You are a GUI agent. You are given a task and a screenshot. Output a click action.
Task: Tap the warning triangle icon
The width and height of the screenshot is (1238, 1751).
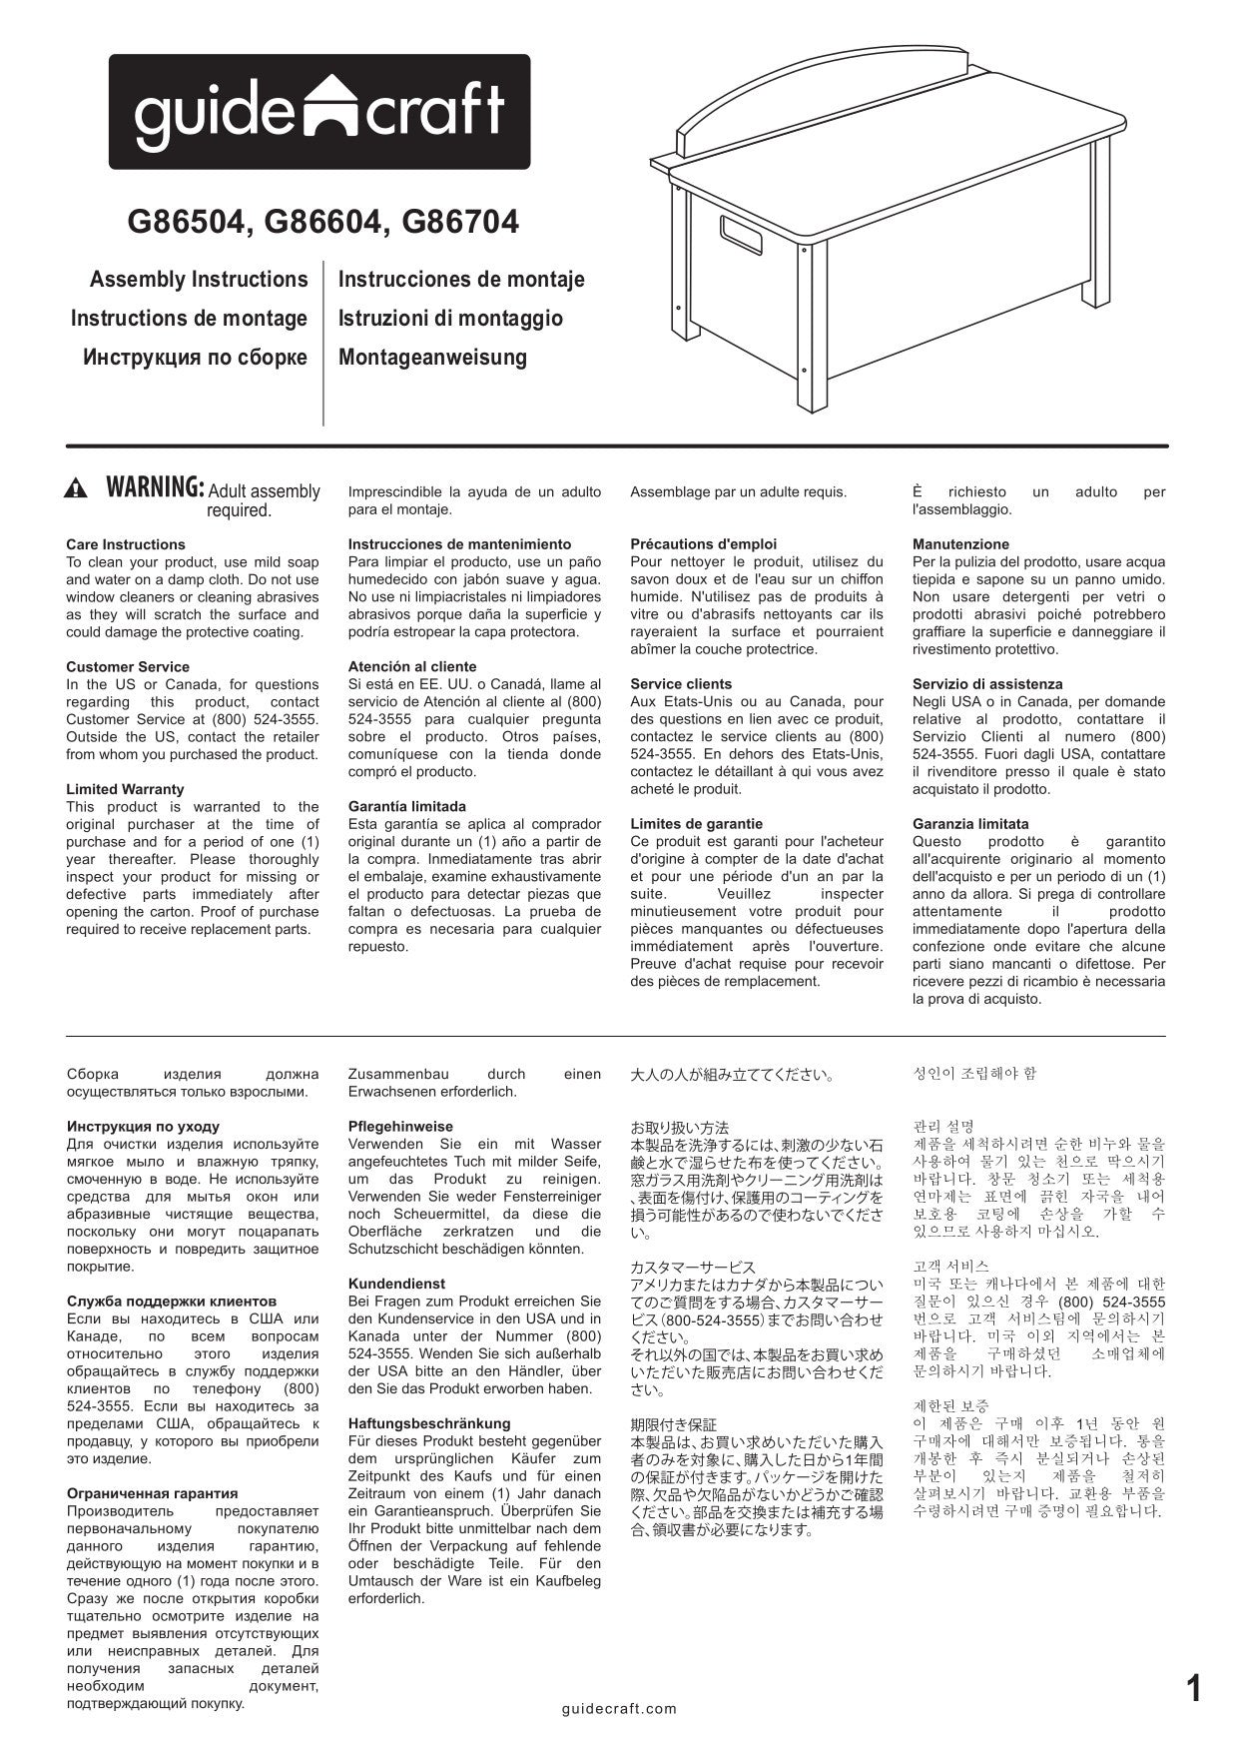coord(76,489)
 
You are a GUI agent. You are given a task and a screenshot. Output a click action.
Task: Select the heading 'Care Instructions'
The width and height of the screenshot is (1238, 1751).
coord(126,544)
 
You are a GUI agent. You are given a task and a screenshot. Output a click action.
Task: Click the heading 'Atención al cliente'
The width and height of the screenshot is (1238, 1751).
coord(412,666)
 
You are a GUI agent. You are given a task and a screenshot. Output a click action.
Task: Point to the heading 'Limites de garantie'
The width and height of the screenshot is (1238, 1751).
coord(696,824)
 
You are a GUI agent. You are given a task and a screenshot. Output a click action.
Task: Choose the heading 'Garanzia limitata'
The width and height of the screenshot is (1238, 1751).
coord(970,824)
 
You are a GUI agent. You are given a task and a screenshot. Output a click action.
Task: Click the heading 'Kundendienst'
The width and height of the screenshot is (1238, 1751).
coord(396,1284)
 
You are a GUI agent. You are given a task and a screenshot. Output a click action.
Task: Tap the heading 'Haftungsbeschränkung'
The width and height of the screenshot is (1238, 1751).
coord(428,1423)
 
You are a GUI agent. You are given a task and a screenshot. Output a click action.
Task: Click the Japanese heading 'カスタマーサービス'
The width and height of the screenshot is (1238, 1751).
coord(693,1268)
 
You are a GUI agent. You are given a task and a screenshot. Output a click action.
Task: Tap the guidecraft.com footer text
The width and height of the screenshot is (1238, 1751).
coord(619,1709)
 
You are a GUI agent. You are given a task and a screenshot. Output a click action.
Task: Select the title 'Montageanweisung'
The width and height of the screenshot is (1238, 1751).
coord(432,358)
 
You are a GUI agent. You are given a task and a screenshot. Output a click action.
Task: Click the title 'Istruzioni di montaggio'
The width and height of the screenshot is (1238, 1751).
coord(450,319)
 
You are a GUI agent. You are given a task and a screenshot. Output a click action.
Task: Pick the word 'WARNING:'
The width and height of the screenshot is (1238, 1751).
coord(155,488)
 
